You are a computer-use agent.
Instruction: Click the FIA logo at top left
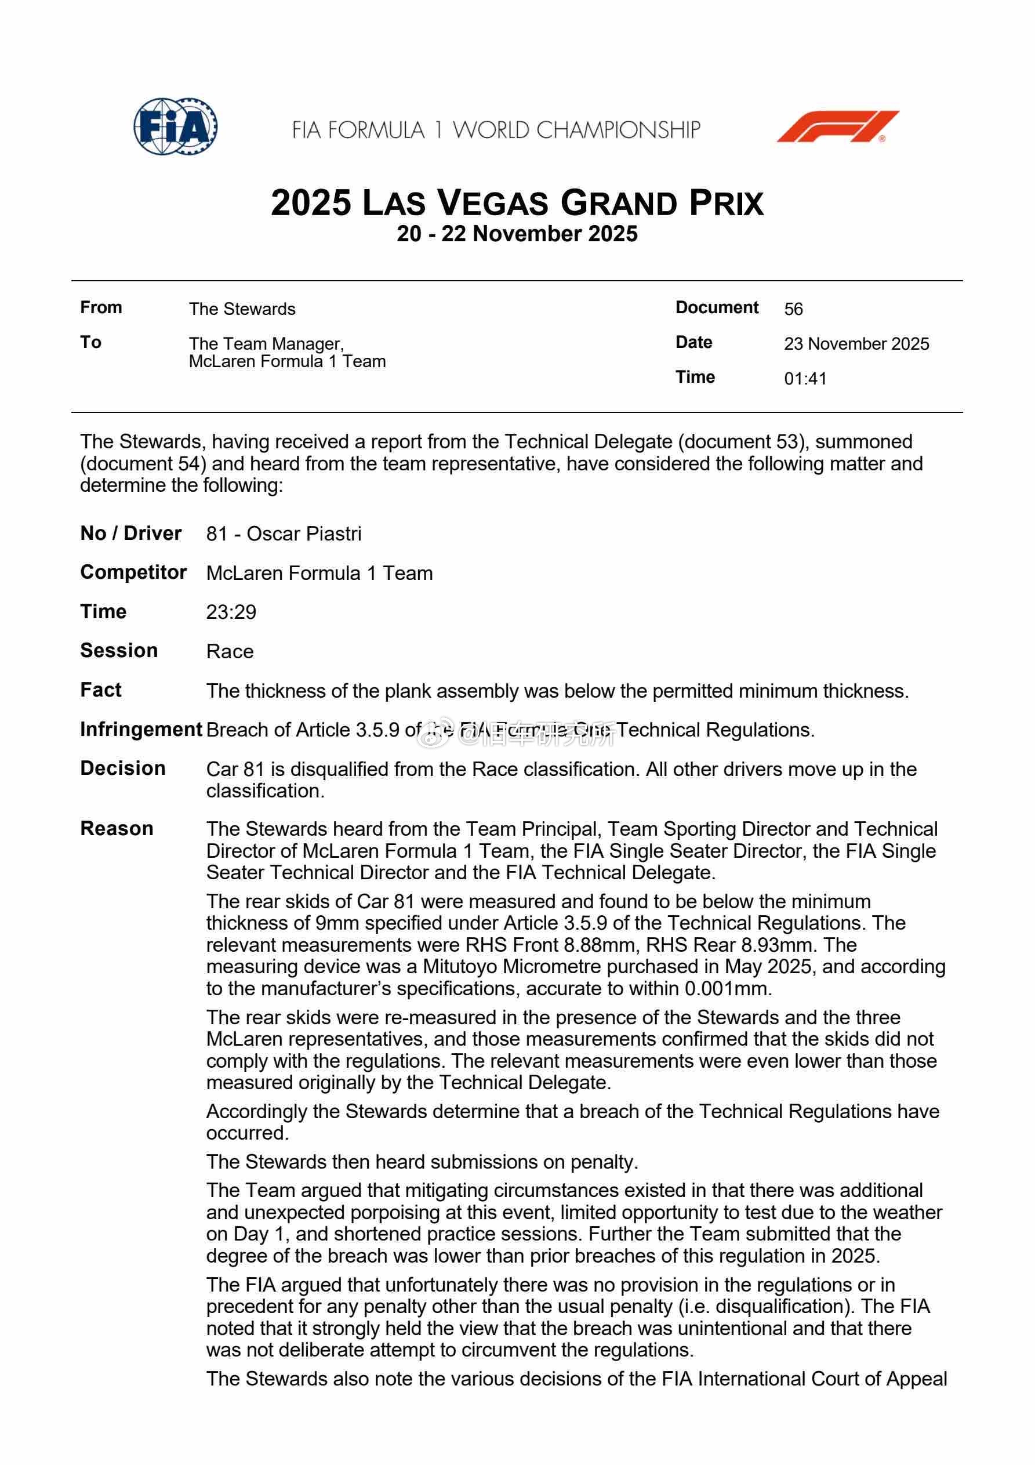coord(176,126)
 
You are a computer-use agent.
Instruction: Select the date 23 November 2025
coord(856,344)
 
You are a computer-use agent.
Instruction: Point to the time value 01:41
coord(805,379)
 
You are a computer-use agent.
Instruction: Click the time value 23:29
coord(231,612)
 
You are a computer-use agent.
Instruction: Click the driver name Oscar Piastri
coord(304,534)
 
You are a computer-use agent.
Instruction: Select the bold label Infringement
coord(141,729)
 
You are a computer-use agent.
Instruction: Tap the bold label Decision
coord(122,768)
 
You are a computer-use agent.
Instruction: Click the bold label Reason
coord(117,828)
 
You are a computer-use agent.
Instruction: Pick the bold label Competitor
coord(133,572)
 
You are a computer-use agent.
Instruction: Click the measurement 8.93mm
coord(783,945)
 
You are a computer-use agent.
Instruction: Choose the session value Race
coord(230,651)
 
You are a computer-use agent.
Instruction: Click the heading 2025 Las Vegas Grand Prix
coord(517,203)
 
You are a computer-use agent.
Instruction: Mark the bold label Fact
coord(101,690)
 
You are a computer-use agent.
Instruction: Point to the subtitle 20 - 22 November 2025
coord(517,234)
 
